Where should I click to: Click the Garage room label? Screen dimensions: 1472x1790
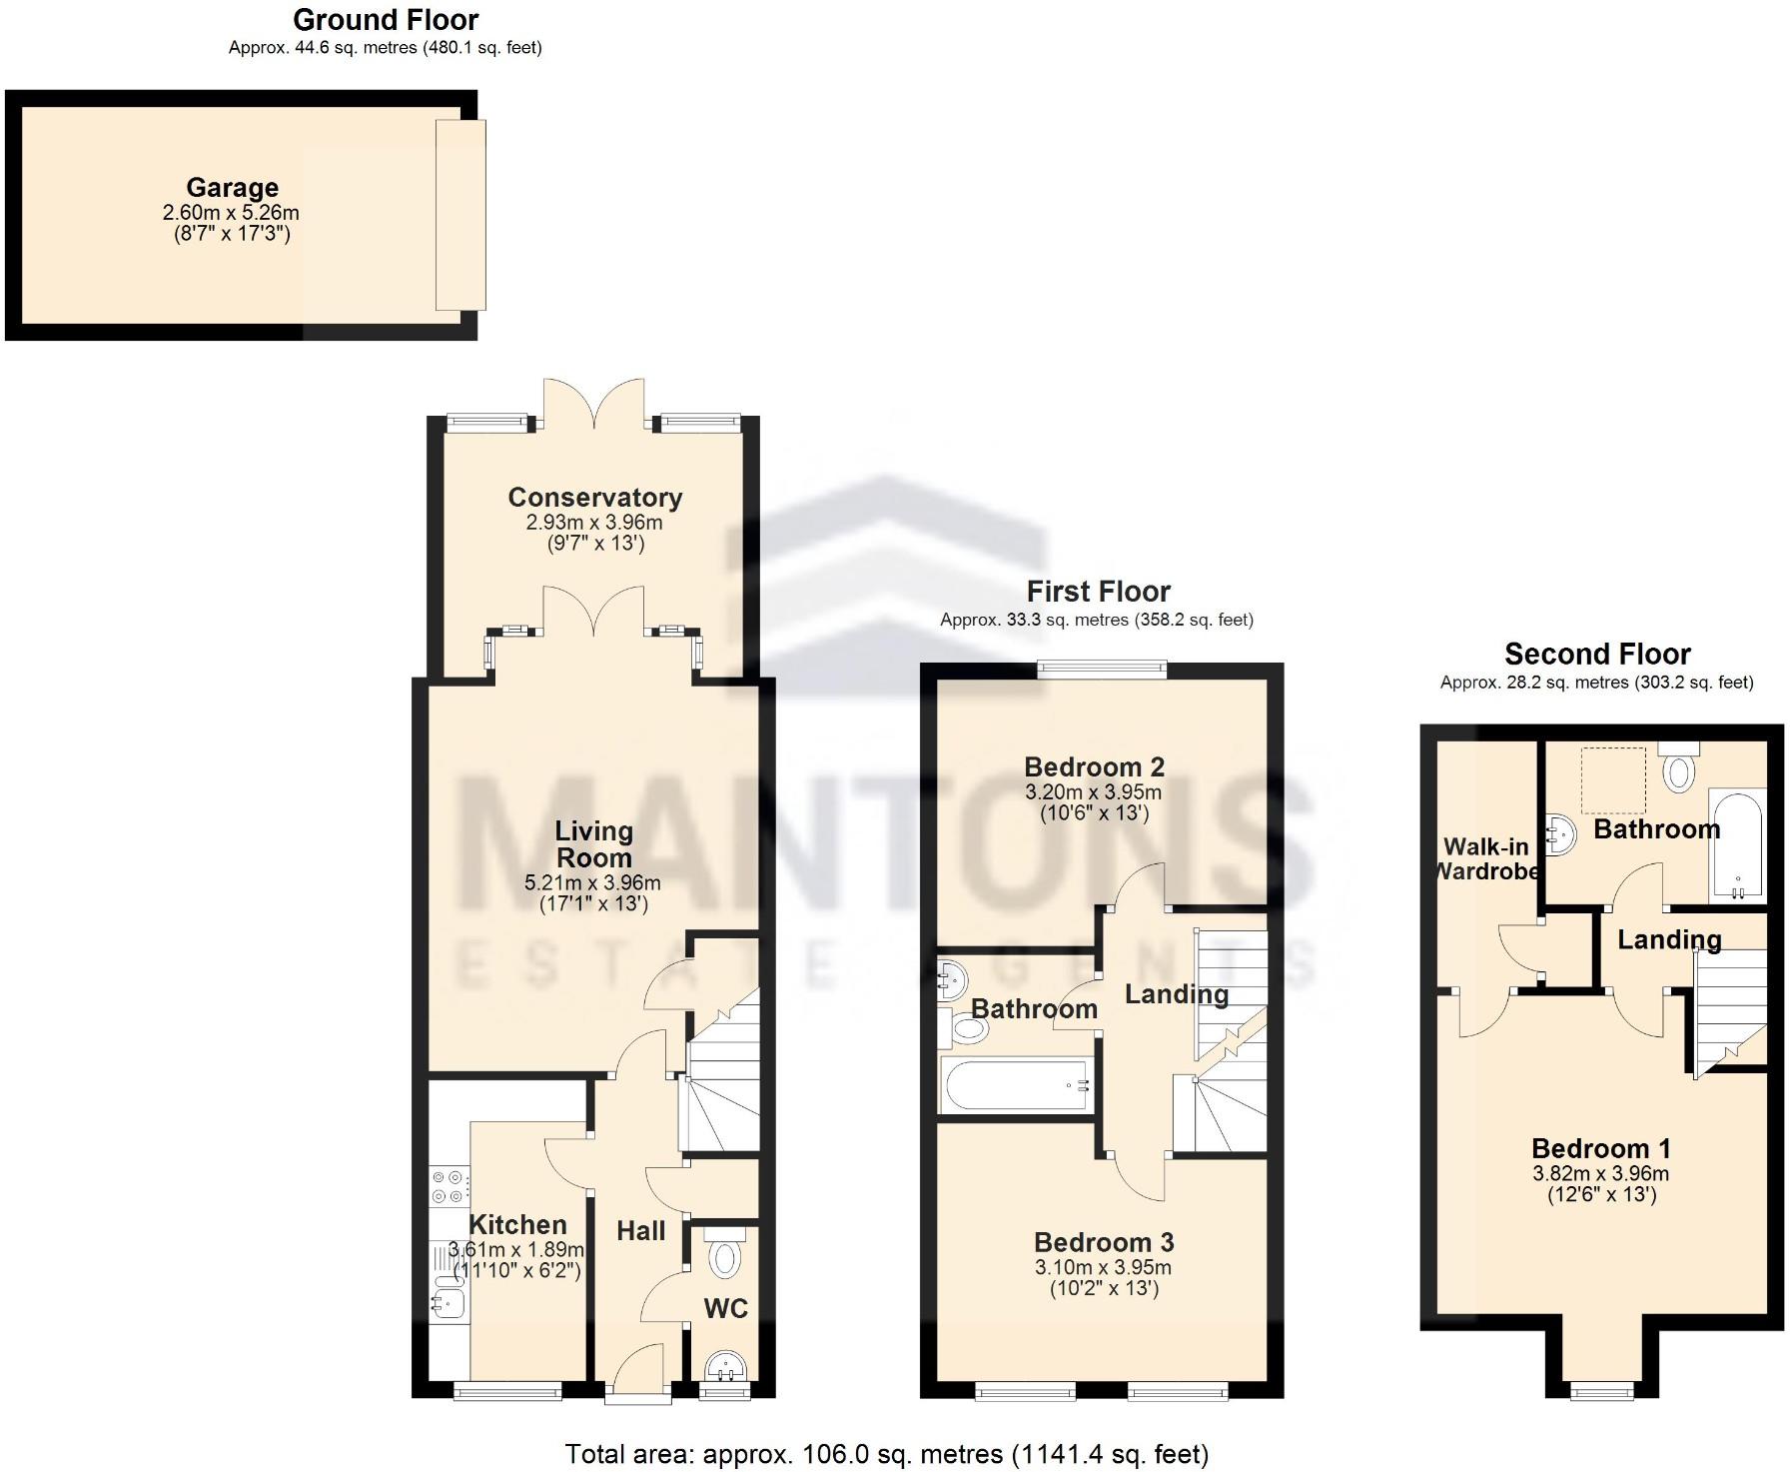[x=232, y=188]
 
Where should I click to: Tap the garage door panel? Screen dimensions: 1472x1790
[x=460, y=215]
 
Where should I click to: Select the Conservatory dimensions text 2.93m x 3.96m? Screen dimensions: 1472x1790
[x=594, y=522]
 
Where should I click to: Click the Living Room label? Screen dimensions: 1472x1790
[x=593, y=844]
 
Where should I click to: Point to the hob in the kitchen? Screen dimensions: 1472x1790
[x=447, y=1186]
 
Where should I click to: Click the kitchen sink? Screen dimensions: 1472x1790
[x=447, y=1300]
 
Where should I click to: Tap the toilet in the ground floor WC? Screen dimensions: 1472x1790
[x=725, y=1256]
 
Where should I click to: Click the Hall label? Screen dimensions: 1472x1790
[x=640, y=1231]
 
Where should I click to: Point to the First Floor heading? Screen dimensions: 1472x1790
[x=1098, y=592]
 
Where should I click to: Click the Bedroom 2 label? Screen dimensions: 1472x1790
[x=1094, y=766]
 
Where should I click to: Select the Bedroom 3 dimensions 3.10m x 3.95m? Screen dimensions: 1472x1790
[x=1103, y=1267]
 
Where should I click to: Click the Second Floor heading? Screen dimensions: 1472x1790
[x=1597, y=655]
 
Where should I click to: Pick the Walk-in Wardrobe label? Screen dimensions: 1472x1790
[x=1486, y=858]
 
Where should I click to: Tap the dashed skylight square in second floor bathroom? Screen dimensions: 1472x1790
[x=1612, y=780]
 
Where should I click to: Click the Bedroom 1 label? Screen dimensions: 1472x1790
[x=1600, y=1148]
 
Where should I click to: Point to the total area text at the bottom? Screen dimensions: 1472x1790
[x=887, y=1454]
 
